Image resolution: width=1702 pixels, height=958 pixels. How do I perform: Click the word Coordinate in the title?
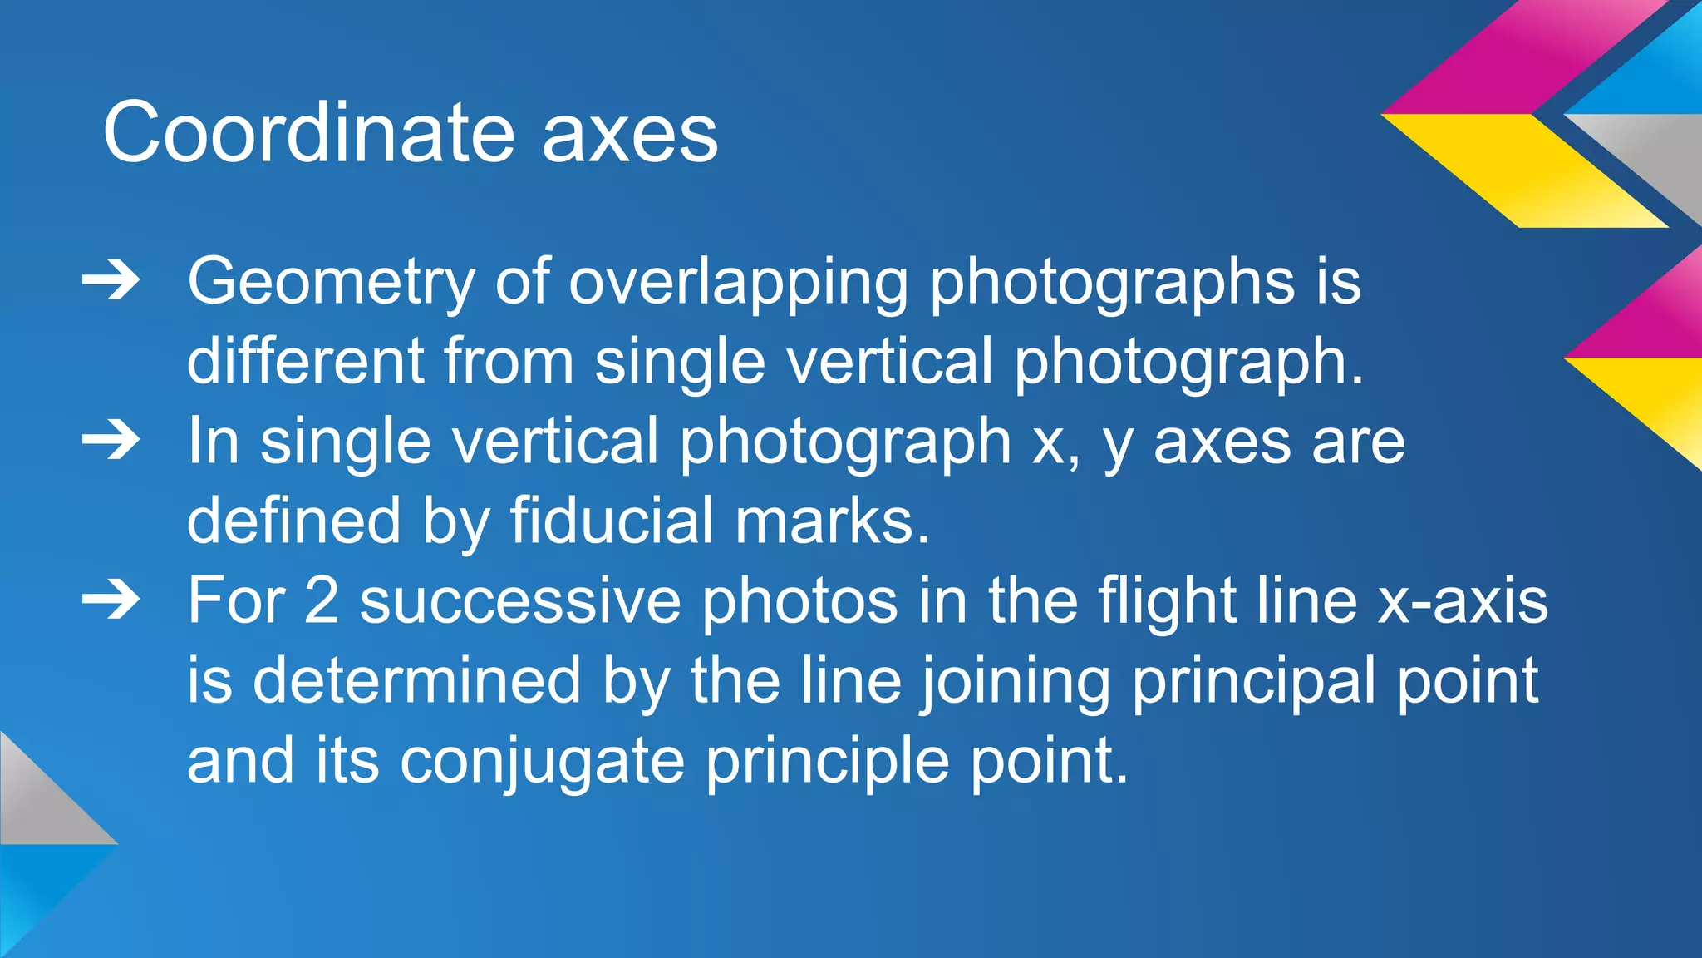click(308, 133)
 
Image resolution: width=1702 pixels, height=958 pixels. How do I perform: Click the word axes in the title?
click(630, 137)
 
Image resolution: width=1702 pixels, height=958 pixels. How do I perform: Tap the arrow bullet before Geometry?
click(111, 282)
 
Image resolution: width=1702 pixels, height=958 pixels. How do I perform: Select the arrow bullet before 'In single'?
click(111, 441)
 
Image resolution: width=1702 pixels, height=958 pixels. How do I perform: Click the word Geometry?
click(331, 283)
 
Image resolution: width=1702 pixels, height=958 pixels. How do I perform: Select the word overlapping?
click(739, 283)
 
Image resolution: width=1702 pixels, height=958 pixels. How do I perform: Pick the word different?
click(304, 361)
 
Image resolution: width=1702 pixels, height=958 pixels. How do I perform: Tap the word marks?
click(832, 521)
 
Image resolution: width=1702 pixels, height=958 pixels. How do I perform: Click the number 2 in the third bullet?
click(322, 600)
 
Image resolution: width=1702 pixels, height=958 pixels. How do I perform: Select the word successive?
click(520, 600)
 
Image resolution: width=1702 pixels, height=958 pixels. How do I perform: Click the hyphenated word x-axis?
click(1463, 600)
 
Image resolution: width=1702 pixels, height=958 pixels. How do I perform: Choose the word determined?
click(417, 680)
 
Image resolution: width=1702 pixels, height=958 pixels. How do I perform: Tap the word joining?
click(1016, 680)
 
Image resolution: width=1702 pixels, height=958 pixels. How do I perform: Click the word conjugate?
click(542, 760)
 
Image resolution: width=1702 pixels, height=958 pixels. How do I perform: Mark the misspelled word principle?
click(827, 760)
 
